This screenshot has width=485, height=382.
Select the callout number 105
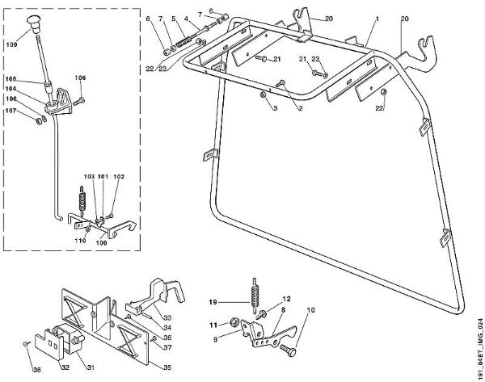80,78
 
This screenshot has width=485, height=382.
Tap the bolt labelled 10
287,351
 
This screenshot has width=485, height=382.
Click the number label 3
274,107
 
